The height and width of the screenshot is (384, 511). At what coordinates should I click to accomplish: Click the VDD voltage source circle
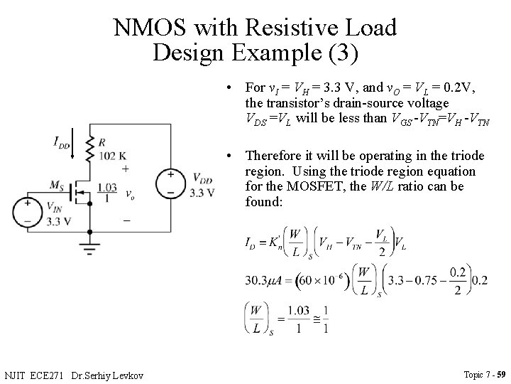170,183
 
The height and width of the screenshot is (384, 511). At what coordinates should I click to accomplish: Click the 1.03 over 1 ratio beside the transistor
106,192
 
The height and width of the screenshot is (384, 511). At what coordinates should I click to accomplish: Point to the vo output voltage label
128,193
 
